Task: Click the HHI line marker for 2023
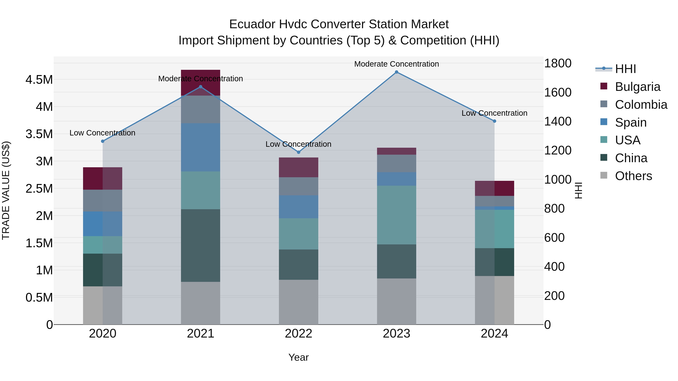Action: click(x=396, y=72)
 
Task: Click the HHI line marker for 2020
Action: click(x=103, y=141)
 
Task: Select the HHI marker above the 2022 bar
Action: click(x=299, y=152)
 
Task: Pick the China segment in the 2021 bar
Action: click(x=201, y=245)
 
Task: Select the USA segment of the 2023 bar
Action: click(x=396, y=215)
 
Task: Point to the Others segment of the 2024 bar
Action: click(x=494, y=300)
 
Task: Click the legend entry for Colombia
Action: click(x=641, y=105)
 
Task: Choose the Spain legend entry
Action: click(x=631, y=122)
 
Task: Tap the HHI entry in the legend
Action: click(x=625, y=69)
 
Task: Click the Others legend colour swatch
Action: click(x=604, y=175)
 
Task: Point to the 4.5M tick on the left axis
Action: click(x=39, y=80)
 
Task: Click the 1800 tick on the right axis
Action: click(x=558, y=63)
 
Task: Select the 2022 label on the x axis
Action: click(x=299, y=334)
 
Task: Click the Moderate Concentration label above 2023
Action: click(x=396, y=64)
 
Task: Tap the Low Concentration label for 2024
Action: click(x=494, y=113)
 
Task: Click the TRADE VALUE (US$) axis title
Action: click(x=6, y=190)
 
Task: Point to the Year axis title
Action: click(x=299, y=357)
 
